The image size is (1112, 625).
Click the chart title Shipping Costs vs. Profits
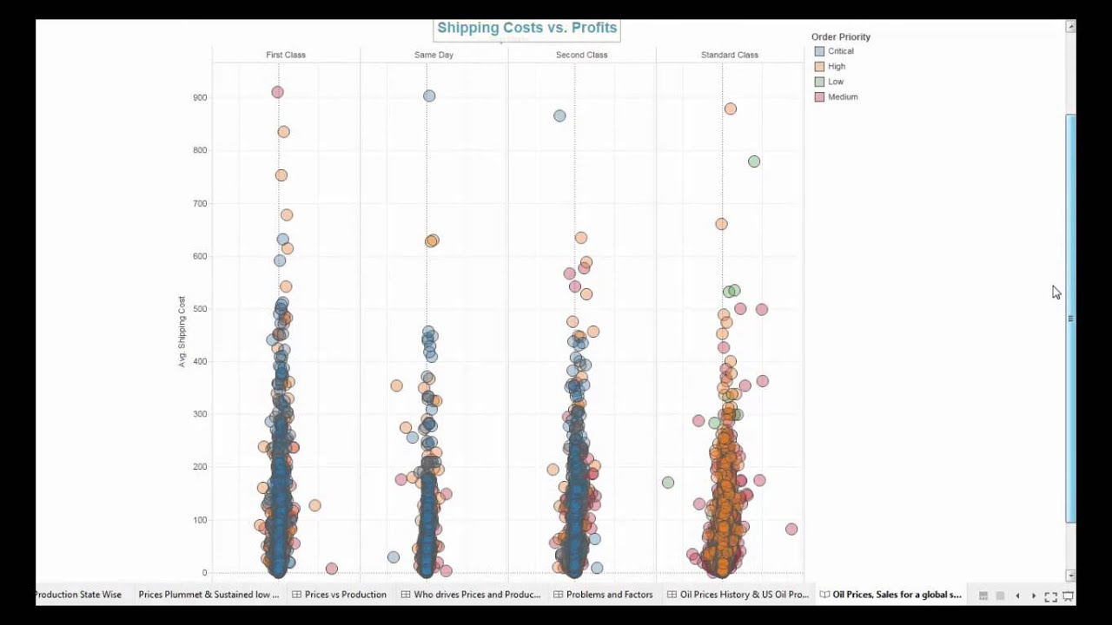coord(526,28)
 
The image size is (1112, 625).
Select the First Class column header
coord(285,55)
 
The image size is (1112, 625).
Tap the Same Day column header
coord(434,55)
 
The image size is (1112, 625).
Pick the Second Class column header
coord(581,55)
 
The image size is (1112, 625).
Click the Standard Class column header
coord(729,55)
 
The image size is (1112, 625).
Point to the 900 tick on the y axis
coord(200,97)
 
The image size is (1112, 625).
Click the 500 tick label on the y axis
coord(200,309)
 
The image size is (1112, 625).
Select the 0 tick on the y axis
coord(204,573)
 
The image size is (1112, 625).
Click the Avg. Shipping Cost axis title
coord(182,332)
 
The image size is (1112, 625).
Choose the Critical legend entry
coord(840,51)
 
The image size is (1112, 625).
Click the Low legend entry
coord(835,82)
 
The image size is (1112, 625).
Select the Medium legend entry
coord(842,97)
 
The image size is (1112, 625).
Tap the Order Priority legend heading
coord(840,36)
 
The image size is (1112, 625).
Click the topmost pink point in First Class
coord(277,92)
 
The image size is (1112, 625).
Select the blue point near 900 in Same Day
coord(429,95)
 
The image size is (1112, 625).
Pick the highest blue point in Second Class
coord(559,115)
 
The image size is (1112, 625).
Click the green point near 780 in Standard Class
coord(754,161)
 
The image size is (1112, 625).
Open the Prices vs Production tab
coord(345,595)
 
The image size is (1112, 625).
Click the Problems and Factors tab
coord(609,595)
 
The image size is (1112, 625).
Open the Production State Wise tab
coord(78,595)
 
